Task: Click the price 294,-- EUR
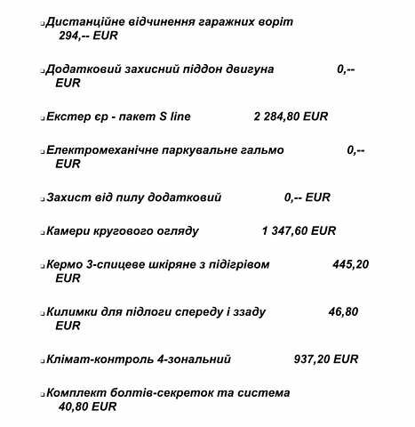pos(86,36)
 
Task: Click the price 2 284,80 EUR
pos(291,117)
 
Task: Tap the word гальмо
pos(260,150)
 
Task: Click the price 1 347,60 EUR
pos(299,230)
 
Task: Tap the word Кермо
pos(65,264)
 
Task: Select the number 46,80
pos(343,312)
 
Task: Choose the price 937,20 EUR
pos(325,359)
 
